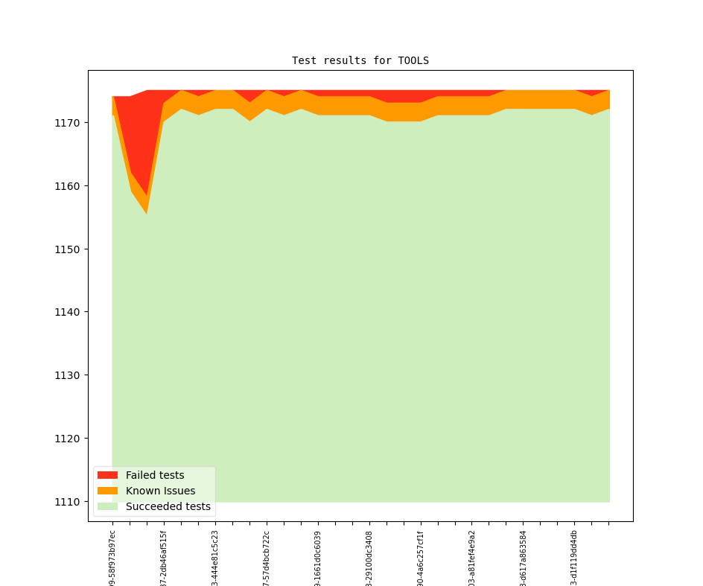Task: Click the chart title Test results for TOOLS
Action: click(x=360, y=60)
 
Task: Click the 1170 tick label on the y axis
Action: click(x=69, y=122)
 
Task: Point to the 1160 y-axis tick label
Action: click(x=69, y=185)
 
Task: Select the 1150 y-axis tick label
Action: click(x=69, y=249)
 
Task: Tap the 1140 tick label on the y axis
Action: click(x=69, y=312)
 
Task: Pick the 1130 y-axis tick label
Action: click(x=69, y=375)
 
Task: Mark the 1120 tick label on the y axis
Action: click(x=69, y=439)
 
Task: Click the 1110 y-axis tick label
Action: click(x=69, y=502)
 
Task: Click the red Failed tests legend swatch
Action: click(x=107, y=475)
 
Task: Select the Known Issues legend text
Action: click(x=160, y=491)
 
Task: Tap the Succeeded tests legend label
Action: click(x=168, y=506)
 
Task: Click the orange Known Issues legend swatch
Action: click(x=107, y=491)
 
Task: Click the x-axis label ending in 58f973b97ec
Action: click(x=112, y=558)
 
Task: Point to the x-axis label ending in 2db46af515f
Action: click(x=164, y=558)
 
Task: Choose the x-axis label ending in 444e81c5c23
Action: click(x=215, y=558)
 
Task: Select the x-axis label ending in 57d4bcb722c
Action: click(x=267, y=558)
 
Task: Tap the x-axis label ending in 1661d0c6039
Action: click(x=318, y=558)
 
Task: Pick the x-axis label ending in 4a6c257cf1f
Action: click(x=421, y=558)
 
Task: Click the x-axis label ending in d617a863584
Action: click(x=524, y=558)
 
